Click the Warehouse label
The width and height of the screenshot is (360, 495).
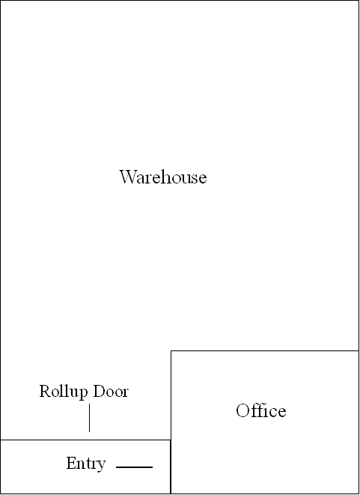[x=163, y=177]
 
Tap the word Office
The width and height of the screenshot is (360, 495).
[x=261, y=410]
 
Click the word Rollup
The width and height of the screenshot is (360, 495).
[x=64, y=392]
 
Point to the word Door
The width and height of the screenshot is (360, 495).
[x=111, y=391]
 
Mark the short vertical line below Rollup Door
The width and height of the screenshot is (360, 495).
[x=89, y=418]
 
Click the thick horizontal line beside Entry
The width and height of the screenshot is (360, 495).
[x=135, y=467]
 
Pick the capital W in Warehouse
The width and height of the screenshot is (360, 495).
[x=128, y=177]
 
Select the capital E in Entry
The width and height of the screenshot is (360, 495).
[x=70, y=463]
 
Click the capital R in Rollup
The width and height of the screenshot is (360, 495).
[x=45, y=391]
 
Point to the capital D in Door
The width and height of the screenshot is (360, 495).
[x=99, y=391]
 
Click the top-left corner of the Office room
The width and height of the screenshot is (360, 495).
[x=171, y=350]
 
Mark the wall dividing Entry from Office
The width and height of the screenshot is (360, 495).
[x=171, y=467]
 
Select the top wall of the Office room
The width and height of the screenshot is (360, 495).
[x=265, y=350]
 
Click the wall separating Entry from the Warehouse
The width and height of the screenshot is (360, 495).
[x=85, y=440]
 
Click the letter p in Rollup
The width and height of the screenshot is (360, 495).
[x=83, y=394]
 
